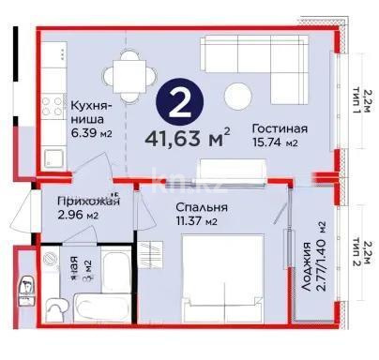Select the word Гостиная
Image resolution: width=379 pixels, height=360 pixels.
[x=280, y=129]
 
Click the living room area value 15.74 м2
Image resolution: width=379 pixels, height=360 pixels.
[x=280, y=144]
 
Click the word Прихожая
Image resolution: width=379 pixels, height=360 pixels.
[x=86, y=201]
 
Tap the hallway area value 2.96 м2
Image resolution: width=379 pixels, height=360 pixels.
[x=79, y=216]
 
